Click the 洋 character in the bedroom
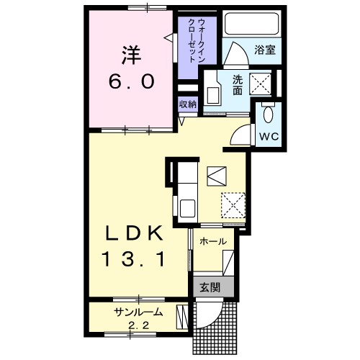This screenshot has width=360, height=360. [131, 55]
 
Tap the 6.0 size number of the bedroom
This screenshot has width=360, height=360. [131, 81]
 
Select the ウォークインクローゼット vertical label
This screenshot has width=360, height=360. [197, 41]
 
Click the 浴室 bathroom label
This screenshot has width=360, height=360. [265, 50]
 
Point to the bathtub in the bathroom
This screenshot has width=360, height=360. [252, 24]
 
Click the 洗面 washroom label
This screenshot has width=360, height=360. [238, 86]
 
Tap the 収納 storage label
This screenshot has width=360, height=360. [188, 104]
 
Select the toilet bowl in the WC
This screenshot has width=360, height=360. [268, 114]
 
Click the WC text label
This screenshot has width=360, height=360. [269, 137]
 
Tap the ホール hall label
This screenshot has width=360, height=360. [213, 241]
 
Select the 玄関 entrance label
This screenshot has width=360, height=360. [210, 287]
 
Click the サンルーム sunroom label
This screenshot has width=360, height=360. [138, 312]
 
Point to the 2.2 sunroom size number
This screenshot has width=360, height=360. [139, 325]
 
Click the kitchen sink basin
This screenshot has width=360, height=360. [187, 208]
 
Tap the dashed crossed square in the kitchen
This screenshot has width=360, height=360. [233, 205]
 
